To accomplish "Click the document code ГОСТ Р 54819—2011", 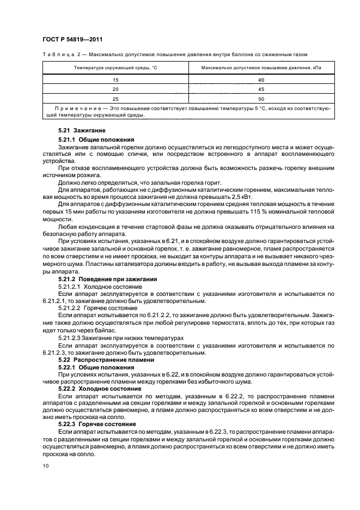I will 72,40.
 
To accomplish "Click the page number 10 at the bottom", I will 44,465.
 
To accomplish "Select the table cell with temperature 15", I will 115,80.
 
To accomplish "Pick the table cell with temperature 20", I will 115,89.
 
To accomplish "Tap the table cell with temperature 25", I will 115,99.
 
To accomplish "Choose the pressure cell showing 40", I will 261,80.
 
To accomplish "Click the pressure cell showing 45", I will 261,89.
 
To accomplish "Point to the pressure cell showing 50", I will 261,99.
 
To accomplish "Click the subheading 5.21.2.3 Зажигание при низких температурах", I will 121,338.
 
